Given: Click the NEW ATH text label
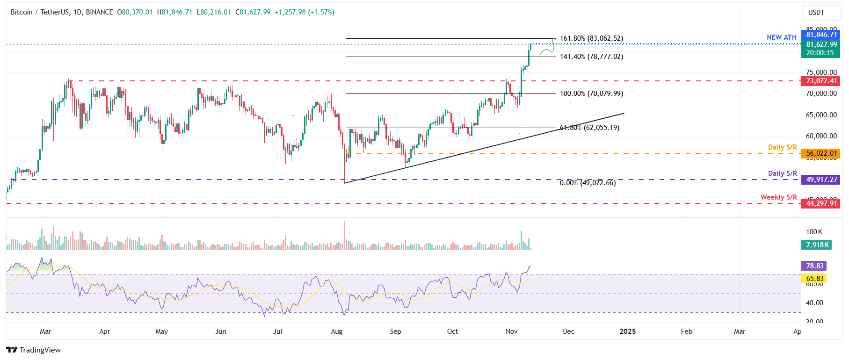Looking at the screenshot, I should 781,37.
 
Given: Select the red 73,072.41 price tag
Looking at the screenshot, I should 821,81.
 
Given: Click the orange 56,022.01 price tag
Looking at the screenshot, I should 821,153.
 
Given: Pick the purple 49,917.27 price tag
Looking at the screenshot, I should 821,180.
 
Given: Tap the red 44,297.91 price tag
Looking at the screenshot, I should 821,203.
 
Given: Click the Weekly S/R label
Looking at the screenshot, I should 778,197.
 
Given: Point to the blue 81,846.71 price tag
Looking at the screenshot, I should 821,35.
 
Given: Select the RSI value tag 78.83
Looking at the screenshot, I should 814,266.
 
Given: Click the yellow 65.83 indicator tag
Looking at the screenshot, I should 814,279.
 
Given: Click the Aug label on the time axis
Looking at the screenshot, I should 336,331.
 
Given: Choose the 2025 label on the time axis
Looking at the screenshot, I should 627,331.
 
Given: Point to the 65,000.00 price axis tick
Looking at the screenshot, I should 821,115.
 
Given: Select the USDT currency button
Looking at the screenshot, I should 816,13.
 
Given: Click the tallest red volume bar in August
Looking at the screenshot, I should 344,236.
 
